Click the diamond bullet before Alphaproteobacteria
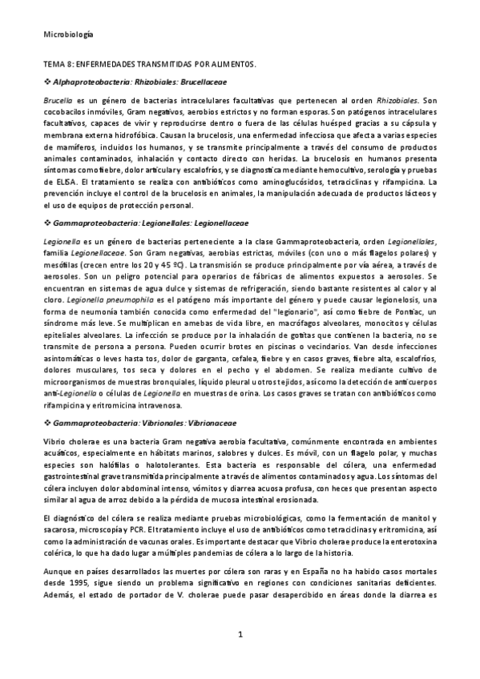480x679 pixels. click(46, 82)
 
